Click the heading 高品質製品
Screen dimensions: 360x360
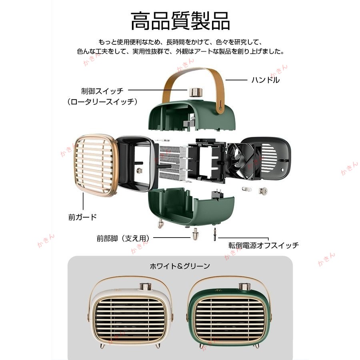(180, 21)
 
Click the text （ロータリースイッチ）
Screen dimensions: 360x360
(102, 102)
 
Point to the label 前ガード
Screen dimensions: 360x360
(82, 218)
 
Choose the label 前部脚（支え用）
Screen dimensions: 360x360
(123, 238)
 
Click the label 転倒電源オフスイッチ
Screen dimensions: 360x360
(264, 245)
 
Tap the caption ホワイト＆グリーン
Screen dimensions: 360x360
(180, 265)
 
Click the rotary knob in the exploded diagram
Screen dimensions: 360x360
(194, 92)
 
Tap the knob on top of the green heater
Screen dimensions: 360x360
(243, 287)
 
